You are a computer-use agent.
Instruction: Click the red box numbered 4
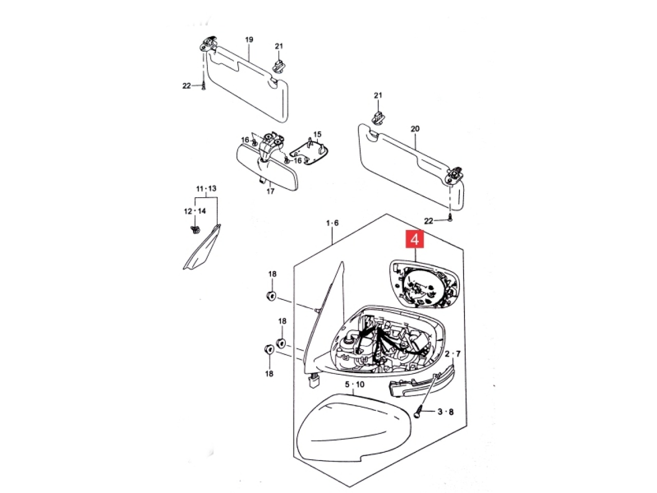(x=415, y=240)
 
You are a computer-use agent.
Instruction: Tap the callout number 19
(x=249, y=40)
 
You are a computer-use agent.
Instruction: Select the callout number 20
(x=415, y=129)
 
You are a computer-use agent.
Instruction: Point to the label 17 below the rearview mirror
(x=270, y=192)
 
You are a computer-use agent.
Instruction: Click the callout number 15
(x=317, y=135)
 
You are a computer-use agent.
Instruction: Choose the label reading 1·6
(x=333, y=223)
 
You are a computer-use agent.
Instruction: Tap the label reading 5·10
(x=354, y=385)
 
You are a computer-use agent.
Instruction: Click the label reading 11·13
(x=206, y=188)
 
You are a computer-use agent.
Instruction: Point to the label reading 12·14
(x=195, y=211)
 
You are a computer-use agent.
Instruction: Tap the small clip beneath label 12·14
(x=195, y=229)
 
